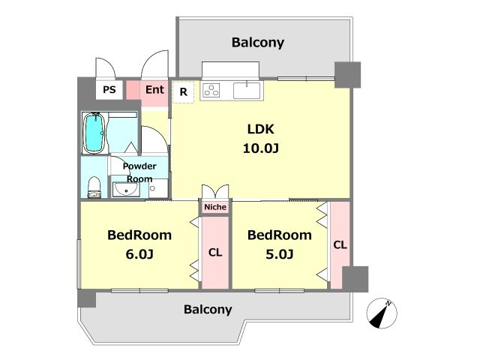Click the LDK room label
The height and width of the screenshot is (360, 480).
tap(260, 129)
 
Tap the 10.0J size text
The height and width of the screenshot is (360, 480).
tap(261, 148)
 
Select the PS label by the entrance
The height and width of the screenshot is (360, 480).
tap(109, 90)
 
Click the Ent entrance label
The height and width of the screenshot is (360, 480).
tap(154, 90)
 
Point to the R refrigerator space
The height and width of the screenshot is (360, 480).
tap(183, 92)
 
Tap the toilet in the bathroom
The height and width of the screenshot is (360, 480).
tap(94, 187)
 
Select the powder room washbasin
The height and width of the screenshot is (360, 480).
tap(126, 190)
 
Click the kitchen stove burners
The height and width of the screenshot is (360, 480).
tap(211, 90)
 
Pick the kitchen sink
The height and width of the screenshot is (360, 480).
tap(247, 90)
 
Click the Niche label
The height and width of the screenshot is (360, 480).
tap(215, 207)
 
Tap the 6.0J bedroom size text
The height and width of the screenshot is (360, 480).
tap(139, 254)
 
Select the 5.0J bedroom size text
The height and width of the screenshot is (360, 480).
tap(280, 254)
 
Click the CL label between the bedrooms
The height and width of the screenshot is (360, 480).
tap(215, 253)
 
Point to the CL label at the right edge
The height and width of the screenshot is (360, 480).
tap(340, 245)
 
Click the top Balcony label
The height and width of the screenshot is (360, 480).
tap(258, 43)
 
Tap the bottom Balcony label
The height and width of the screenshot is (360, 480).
tap(208, 310)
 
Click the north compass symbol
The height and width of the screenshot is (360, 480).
tap(382, 313)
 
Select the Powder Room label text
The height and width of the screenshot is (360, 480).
tap(139, 172)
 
